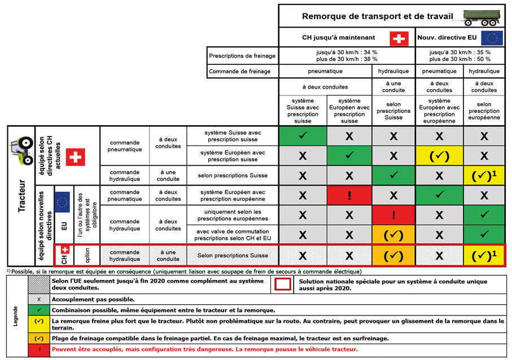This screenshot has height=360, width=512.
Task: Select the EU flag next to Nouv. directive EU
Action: [x=492, y=39]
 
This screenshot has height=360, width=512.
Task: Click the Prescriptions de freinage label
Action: [x=242, y=56]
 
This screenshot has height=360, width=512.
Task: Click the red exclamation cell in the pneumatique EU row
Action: [x=349, y=196]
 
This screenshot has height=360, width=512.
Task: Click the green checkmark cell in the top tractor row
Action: [x=303, y=136]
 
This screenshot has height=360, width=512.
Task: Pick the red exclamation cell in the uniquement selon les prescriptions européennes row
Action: [x=393, y=215]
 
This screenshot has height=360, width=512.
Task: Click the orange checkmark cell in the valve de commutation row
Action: [x=393, y=234]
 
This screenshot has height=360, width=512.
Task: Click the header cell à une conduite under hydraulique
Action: [x=393, y=86]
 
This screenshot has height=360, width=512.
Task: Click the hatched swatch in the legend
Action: [x=38, y=284]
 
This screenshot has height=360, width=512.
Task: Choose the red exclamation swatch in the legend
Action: [x=38, y=350]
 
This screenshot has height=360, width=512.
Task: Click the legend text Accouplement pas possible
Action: [x=93, y=300]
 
